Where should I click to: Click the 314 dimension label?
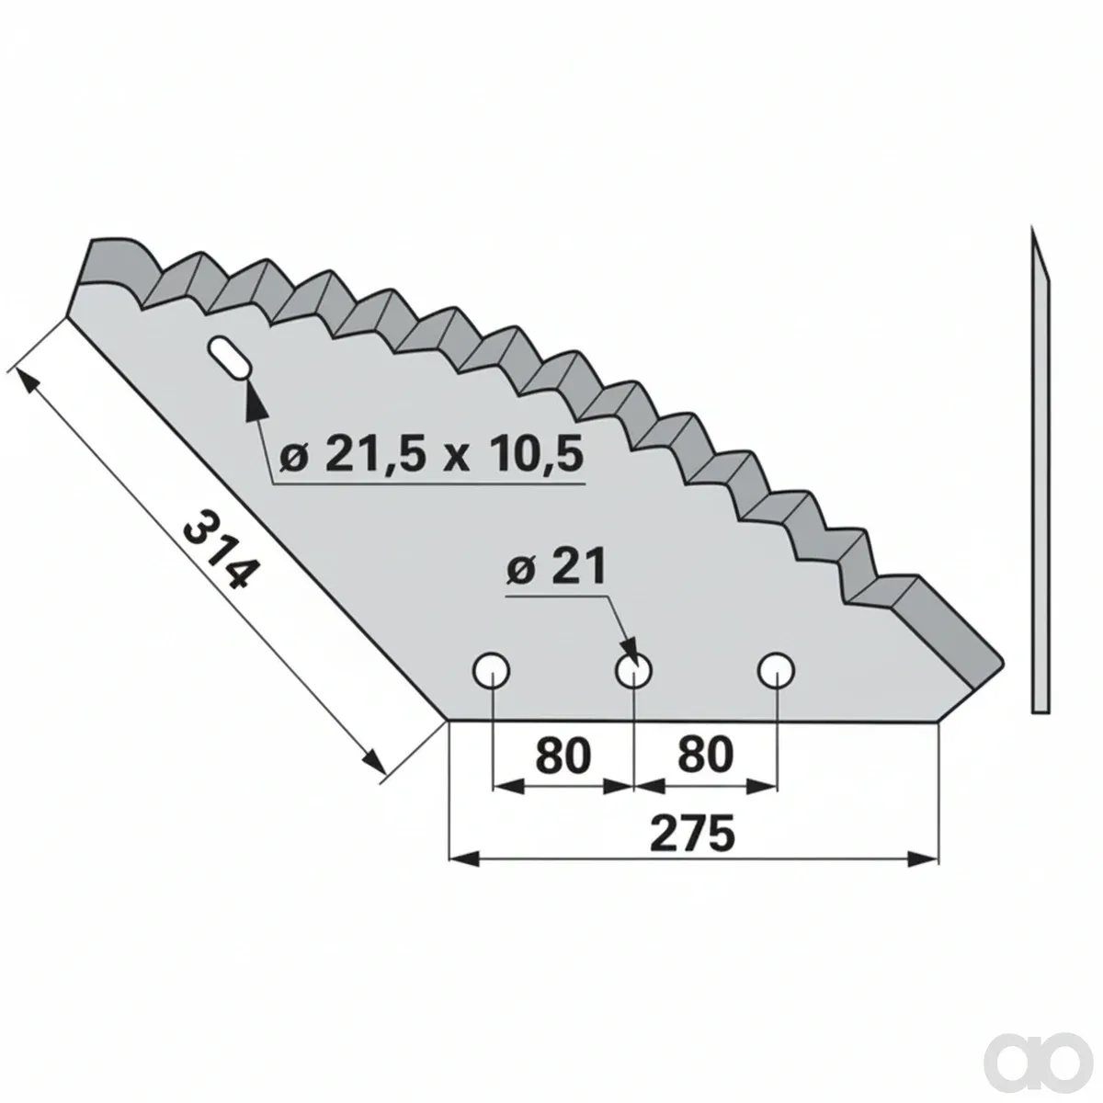pyautogui.click(x=219, y=551)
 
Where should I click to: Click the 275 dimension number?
pyautogui.click(x=693, y=835)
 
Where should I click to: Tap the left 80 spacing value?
pyautogui.click(x=563, y=755)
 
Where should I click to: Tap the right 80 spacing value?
pyautogui.click(x=705, y=755)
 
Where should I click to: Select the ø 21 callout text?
pyautogui.click(x=556, y=566)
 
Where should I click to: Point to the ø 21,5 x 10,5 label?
pyautogui.click(x=431, y=453)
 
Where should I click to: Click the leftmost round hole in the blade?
pyautogui.click(x=492, y=669)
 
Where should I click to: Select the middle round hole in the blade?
pyautogui.click(x=633, y=669)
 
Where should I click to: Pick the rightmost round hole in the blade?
pyautogui.click(x=776, y=669)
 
